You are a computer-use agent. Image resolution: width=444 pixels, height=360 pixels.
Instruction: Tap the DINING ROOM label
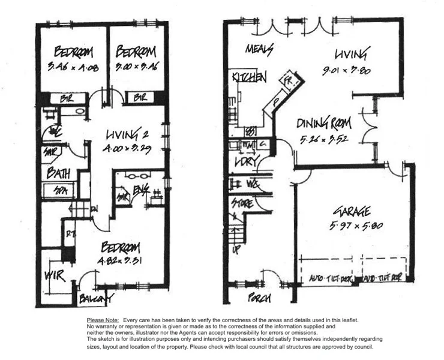(x=325, y=125)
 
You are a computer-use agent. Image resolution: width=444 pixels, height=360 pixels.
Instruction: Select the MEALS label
(x=259, y=48)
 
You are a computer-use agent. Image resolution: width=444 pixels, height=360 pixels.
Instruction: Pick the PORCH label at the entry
(x=260, y=298)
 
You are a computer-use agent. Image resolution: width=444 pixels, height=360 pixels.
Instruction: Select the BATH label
(x=59, y=174)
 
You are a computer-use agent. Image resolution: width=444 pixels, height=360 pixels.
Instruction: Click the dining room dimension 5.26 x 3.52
(x=325, y=142)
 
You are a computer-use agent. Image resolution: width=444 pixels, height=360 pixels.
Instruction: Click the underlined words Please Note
(x=103, y=320)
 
